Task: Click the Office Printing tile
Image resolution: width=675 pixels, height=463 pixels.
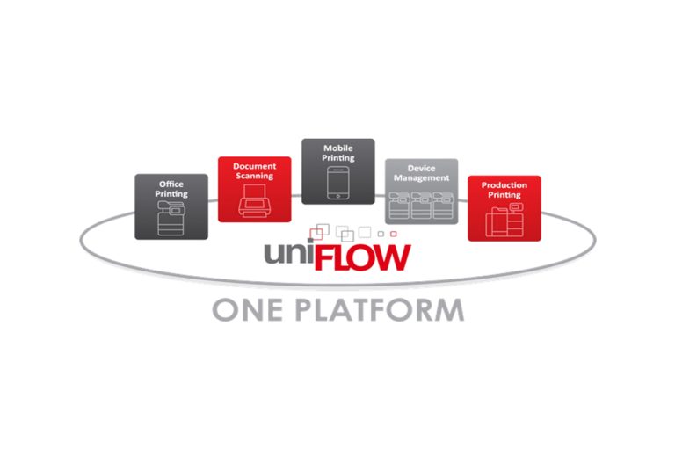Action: [x=171, y=206]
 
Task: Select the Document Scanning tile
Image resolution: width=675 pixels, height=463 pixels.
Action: [x=254, y=189]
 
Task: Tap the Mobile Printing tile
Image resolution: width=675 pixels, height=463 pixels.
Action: [x=338, y=171]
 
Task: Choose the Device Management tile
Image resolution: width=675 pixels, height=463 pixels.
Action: [x=422, y=191]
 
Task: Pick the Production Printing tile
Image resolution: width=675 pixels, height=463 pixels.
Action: [x=504, y=207]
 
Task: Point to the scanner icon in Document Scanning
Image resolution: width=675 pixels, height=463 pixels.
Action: [x=254, y=203]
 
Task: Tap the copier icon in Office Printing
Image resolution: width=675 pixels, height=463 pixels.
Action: [x=171, y=219]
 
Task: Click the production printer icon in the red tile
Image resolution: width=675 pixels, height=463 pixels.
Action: [x=504, y=221]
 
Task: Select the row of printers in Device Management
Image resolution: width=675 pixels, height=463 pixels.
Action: [x=422, y=207]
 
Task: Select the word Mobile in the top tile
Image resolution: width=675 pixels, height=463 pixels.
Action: [x=338, y=148]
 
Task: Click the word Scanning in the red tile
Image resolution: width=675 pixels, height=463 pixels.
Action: [x=254, y=176]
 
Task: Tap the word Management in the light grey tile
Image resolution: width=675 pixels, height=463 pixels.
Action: [x=422, y=178]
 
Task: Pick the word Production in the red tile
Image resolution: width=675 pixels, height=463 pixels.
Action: [x=504, y=185]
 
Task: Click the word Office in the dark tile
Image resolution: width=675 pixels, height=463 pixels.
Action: [x=171, y=184]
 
